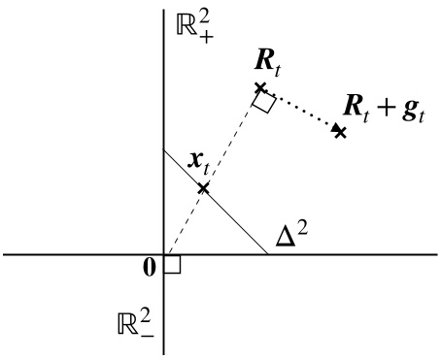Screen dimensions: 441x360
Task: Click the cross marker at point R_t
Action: click(x=260, y=88)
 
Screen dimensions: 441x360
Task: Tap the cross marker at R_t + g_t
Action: click(x=339, y=130)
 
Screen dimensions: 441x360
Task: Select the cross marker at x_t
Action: click(x=203, y=185)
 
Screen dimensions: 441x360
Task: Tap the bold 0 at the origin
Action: click(x=151, y=267)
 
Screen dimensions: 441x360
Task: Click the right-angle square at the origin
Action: click(x=172, y=265)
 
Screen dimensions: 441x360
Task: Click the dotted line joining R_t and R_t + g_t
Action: click(x=301, y=110)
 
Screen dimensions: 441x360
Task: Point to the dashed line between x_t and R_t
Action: click(x=232, y=137)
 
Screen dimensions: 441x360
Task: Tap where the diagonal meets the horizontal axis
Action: click(x=268, y=254)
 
